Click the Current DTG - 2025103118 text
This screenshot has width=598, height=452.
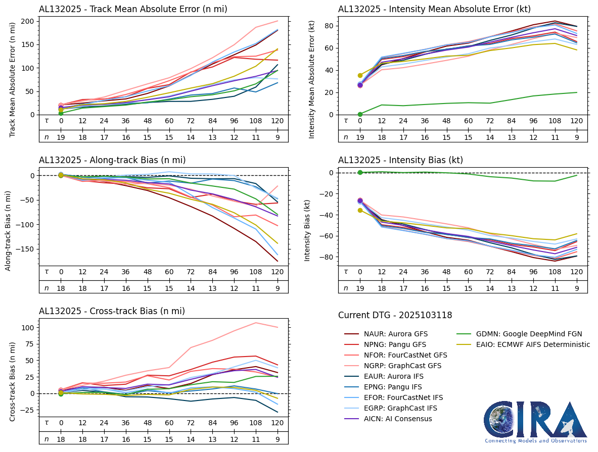pos(395,315)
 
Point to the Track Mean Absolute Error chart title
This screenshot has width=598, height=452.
pos(133,9)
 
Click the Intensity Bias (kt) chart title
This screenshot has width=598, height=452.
pos(400,160)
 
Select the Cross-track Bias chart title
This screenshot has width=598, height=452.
pos(112,311)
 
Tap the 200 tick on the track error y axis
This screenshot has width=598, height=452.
pos(28,21)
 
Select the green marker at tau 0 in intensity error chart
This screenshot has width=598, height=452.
pos(360,114)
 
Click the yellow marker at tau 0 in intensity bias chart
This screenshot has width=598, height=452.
pos(360,210)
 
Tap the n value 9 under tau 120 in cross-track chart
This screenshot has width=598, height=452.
pos(278,439)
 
